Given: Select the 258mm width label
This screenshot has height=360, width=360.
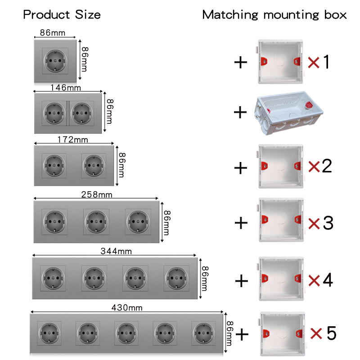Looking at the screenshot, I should coord(97,195).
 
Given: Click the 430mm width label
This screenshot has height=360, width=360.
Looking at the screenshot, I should coord(127,308).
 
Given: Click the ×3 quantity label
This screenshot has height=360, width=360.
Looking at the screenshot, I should coord(321,223).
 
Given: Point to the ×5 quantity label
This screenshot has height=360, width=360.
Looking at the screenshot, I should coord(323,333).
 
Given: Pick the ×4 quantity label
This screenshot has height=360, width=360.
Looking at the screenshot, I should coord(321,280).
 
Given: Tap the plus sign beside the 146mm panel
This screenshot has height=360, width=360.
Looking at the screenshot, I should coord(241,112).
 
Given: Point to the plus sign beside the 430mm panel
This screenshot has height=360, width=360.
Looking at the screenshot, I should coord(242,334).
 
